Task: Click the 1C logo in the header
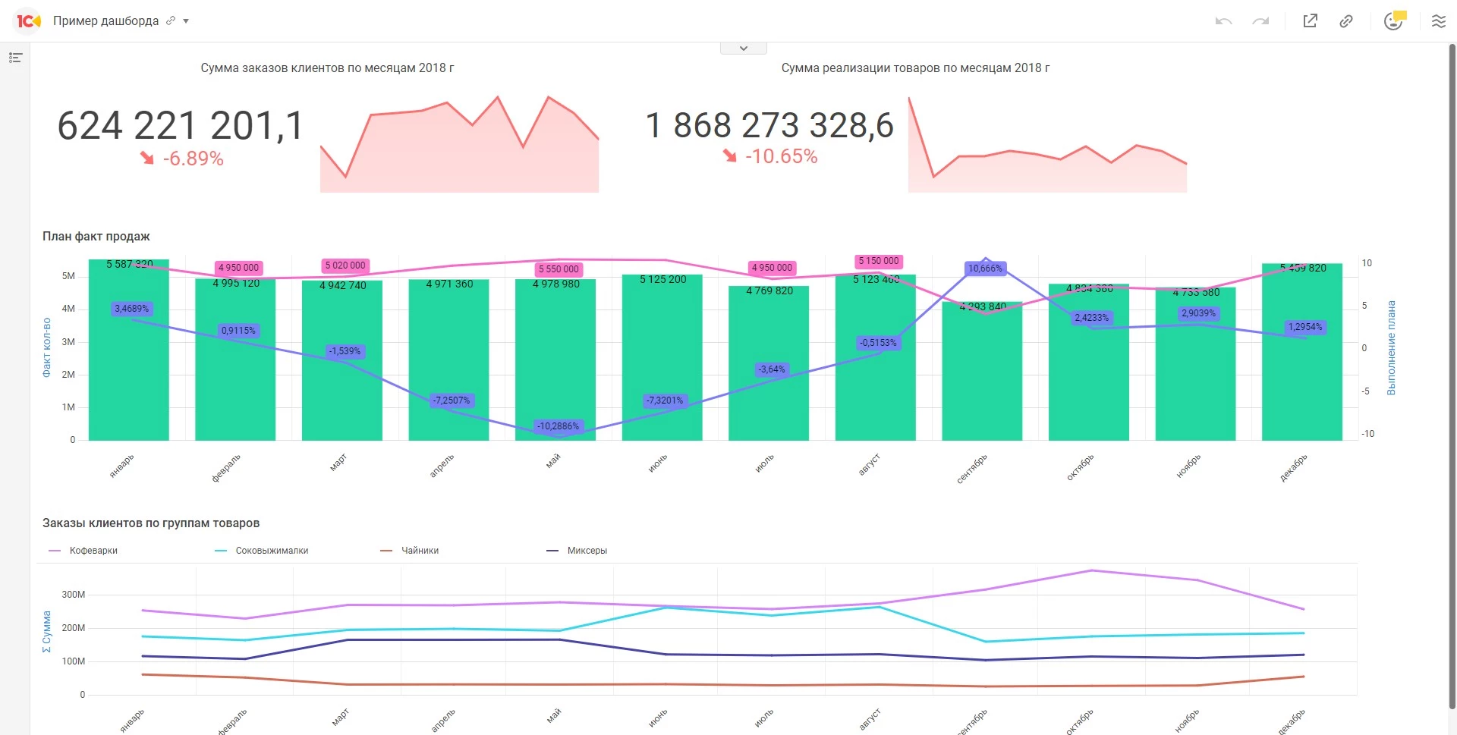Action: click(28, 21)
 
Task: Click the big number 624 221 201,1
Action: click(181, 125)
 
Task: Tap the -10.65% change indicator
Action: click(781, 156)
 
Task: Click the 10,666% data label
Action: click(985, 269)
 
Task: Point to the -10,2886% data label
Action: click(558, 426)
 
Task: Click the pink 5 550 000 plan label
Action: click(559, 269)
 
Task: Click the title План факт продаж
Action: click(96, 237)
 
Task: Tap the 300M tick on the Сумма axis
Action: click(74, 595)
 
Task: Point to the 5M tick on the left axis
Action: click(69, 276)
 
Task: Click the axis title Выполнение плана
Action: click(1391, 347)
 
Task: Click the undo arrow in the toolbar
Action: click(1223, 21)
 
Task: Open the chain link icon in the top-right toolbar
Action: click(1346, 21)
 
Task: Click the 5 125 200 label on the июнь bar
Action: click(662, 280)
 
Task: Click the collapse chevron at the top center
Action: click(744, 49)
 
